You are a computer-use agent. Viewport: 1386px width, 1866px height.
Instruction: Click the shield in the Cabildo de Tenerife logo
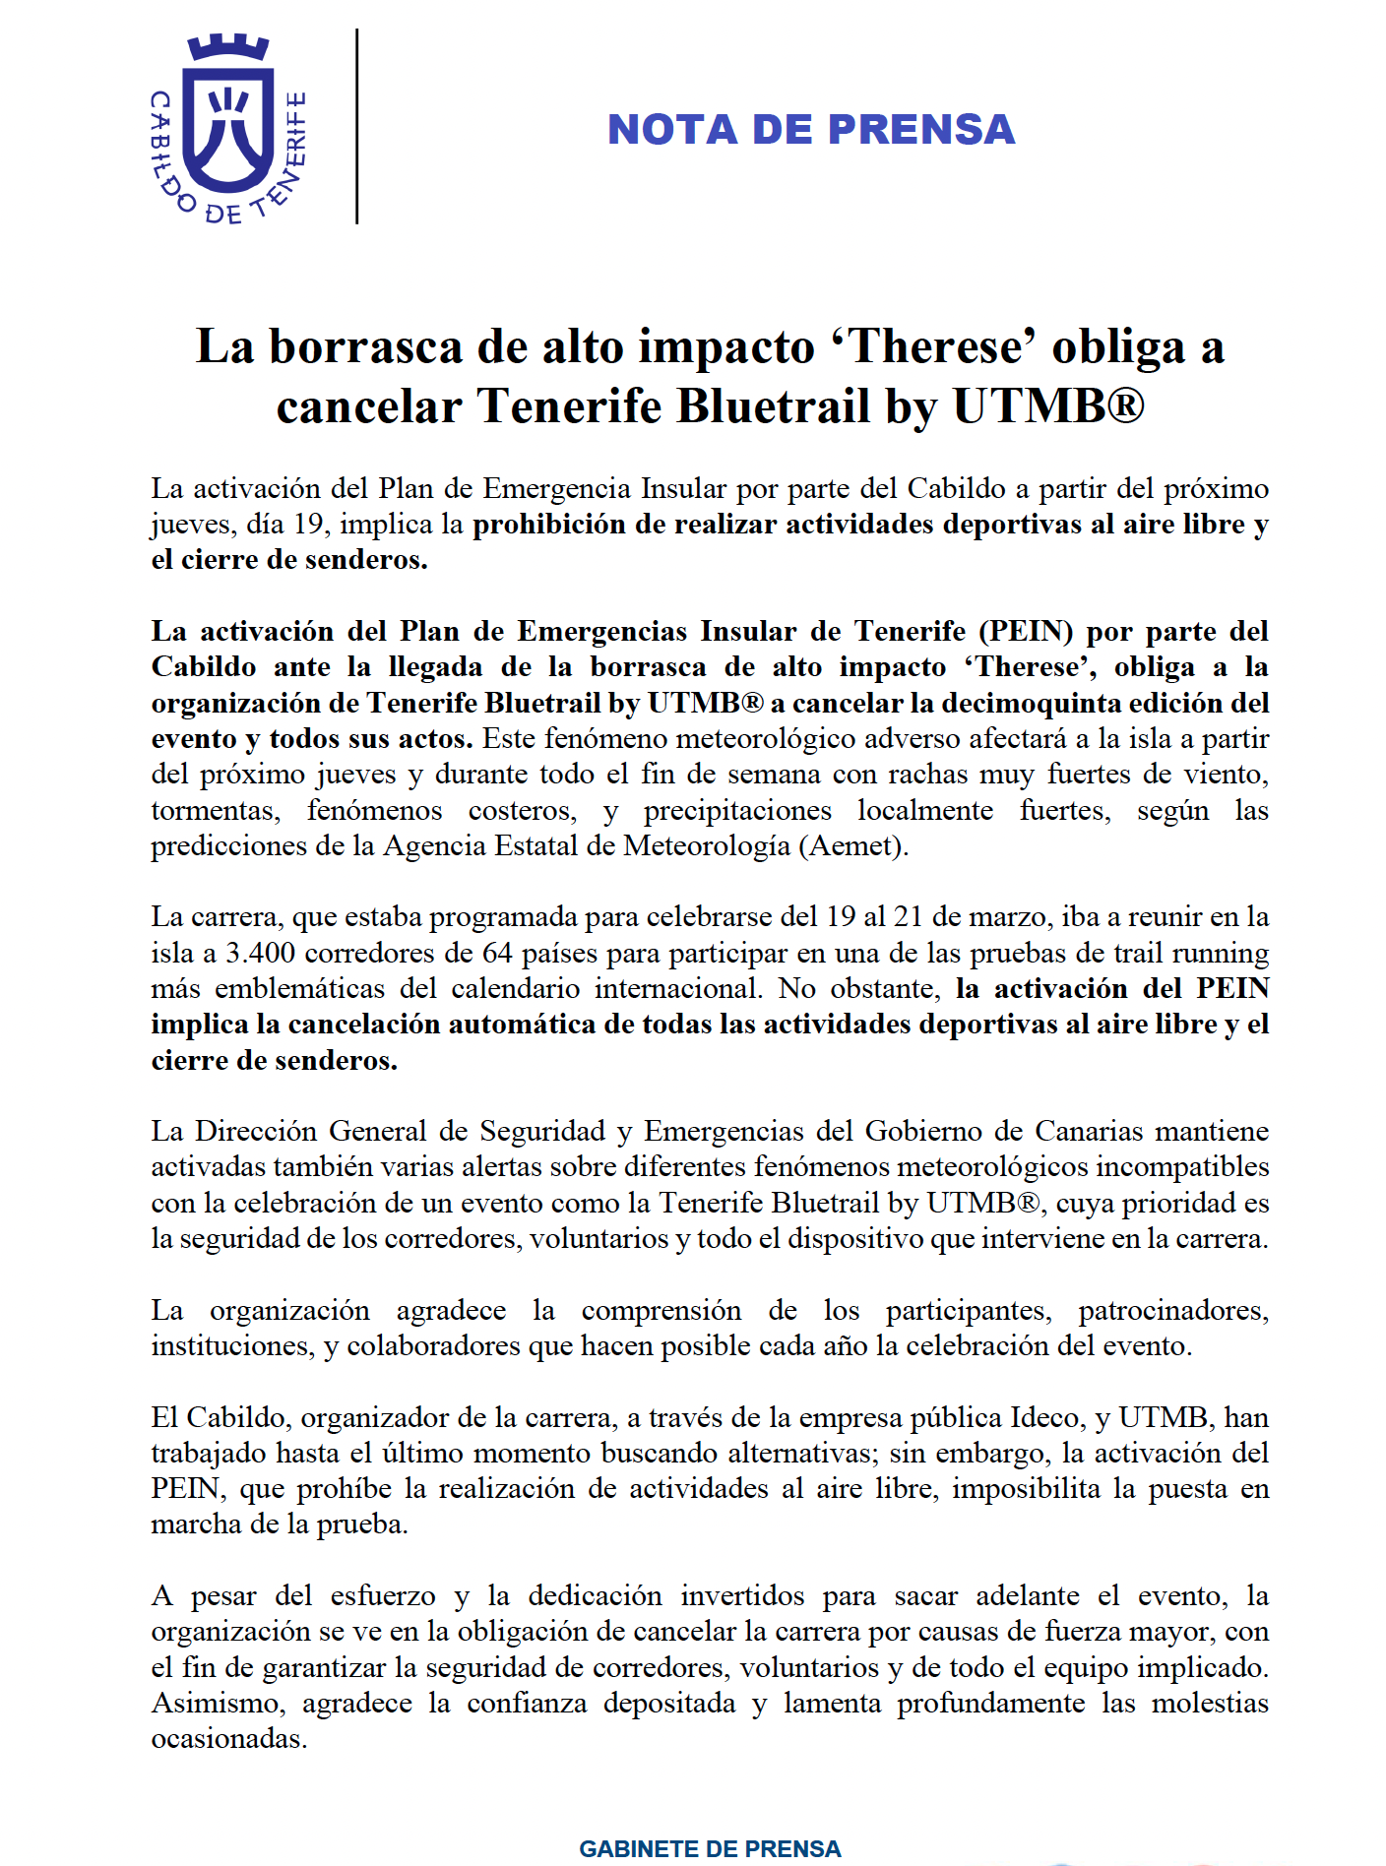coord(228,125)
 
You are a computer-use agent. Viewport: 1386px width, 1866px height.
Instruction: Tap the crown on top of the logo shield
coord(228,46)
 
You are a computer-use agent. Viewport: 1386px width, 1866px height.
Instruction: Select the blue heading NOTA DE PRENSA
coord(810,130)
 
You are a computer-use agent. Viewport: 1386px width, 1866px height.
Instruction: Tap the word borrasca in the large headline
coord(366,347)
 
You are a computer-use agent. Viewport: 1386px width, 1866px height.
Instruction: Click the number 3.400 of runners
coord(261,953)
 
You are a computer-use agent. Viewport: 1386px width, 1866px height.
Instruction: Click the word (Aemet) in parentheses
coord(854,845)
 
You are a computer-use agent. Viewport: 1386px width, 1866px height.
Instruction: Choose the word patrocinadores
coord(1172,1310)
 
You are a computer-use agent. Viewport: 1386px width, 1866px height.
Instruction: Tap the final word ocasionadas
coord(228,1738)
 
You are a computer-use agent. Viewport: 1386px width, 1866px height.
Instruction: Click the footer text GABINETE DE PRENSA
coord(710,1848)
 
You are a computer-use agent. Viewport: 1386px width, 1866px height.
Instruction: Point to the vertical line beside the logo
coord(356,126)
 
